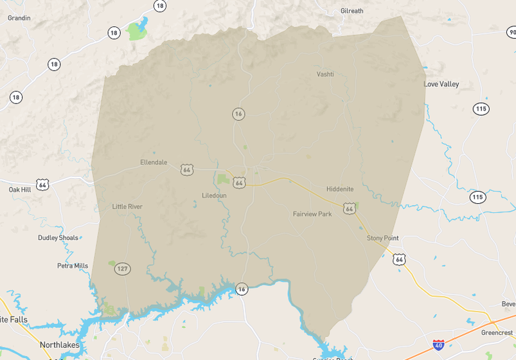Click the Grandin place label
pyautogui.click(x=19, y=18)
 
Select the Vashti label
pyautogui.click(x=325, y=74)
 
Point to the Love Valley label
pyautogui.click(x=441, y=84)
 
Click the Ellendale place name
pyautogui.click(x=154, y=163)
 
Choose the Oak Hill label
pyautogui.click(x=19, y=190)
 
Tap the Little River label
pyautogui.click(x=127, y=206)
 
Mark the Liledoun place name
pyautogui.click(x=214, y=195)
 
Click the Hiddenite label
pyautogui.click(x=340, y=189)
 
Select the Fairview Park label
pyautogui.click(x=312, y=213)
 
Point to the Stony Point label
pyautogui.click(x=382, y=238)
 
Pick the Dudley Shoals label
pyautogui.click(x=58, y=238)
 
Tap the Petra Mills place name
pyautogui.click(x=73, y=265)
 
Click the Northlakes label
pyautogui.click(x=60, y=345)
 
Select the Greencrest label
pyautogui.click(x=497, y=333)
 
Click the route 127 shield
pyautogui.click(x=123, y=269)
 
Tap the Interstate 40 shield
pyautogui.click(x=439, y=345)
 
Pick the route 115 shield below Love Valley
pyautogui.click(x=481, y=109)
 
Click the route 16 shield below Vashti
pyautogui.click(x=238, y=114)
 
